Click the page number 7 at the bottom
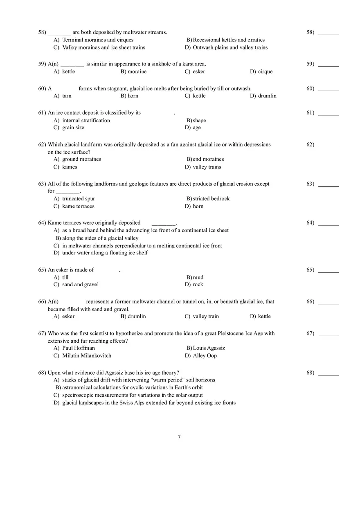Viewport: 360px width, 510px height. click(179, 437)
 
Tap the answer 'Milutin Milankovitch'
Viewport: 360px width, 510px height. click(86, 356)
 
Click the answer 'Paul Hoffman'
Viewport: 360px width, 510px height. click(78, 348)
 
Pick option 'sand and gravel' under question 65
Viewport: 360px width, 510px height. click(80, 285)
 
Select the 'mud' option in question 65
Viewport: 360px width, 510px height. click(198, 277)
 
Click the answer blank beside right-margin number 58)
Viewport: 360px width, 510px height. click(328, 33)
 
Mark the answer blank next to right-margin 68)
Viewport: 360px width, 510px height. click(328, 373)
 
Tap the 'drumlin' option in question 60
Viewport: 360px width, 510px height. click(267, 96)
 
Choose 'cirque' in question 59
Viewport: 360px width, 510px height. click(265, 72)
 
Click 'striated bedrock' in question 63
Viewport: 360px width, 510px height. click(211, 199)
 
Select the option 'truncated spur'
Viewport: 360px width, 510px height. click(78, 199)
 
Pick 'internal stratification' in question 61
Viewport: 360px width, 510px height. click(86, 121)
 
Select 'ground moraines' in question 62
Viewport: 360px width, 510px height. click(81, 160)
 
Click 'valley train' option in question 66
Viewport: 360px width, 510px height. click(206, 317)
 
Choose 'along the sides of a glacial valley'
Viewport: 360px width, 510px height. click(100, 238)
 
